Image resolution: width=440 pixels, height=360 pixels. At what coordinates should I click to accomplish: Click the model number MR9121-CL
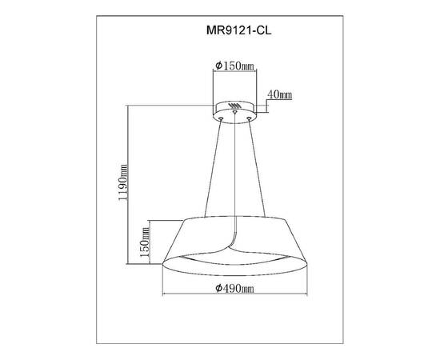click(x=238, y=33)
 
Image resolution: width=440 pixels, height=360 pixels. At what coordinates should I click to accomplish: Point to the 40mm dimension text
click(x=280, y=95)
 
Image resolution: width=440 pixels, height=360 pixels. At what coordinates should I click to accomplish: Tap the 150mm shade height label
click(x=145, y=244)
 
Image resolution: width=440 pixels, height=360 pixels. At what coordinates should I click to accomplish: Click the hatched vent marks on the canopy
click(x=234, y=105)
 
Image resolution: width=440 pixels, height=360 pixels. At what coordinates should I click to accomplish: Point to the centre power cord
click(x=235, y=176)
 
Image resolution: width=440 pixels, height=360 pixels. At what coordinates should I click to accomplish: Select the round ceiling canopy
click(x=234, y=109)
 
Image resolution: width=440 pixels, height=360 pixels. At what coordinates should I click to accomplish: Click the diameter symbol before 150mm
click(x=218, y=65)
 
